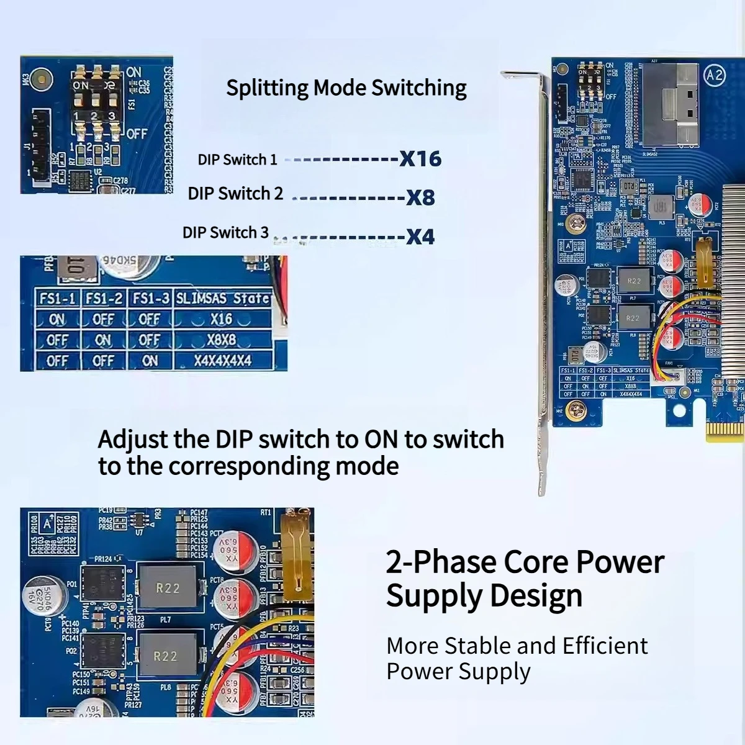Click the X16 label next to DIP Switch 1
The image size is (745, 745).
420,159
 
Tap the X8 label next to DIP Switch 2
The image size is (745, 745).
420,198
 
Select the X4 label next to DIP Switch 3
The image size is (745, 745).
420,237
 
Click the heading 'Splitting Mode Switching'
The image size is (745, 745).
346,88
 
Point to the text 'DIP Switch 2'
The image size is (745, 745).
235,194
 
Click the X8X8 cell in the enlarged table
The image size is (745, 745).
223,340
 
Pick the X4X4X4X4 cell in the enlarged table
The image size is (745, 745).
223,361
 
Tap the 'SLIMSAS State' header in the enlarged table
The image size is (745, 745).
223,299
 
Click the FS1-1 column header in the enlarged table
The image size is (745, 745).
57,299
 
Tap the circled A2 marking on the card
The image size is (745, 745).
715,75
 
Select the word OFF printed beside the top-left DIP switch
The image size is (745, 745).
137,133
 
